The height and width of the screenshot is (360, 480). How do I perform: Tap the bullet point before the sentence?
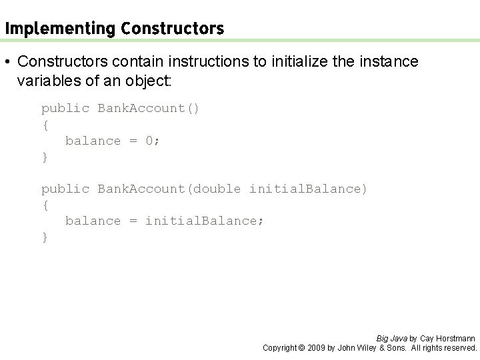pos(7,62)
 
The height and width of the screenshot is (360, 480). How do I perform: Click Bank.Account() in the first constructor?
pos(148,108)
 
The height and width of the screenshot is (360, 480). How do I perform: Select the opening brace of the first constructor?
pos(45,125)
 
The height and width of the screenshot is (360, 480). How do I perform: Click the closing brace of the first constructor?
pos(45,157)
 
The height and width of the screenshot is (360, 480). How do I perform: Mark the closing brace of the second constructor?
pos(45,237)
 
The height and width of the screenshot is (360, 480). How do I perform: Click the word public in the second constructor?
pos(65,189)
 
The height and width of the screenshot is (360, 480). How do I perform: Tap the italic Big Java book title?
pos(392,338)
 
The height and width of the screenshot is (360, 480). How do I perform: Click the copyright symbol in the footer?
pos(300,347)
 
